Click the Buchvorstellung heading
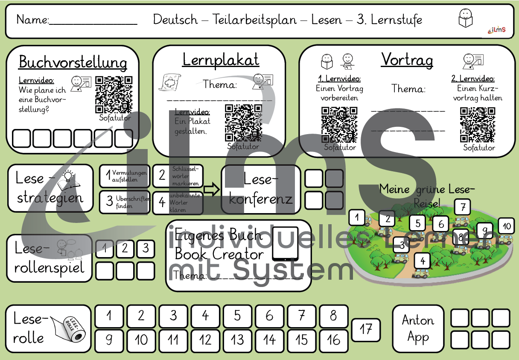(x=73, y=62)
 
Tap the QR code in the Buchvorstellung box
(x=114, y=94)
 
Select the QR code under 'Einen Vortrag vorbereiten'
(x=339, y=124)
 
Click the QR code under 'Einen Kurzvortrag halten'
(x=478, y=124)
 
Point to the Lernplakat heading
(x=221, y=60)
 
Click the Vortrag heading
(x=407, y=60)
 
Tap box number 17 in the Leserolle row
(x=366, y=330)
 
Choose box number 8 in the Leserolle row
(x=333, y=316)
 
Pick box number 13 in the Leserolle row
(x=237, y=340)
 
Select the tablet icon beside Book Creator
(x=285, y=244)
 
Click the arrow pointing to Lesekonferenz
(x=211, y=189)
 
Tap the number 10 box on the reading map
(x=506, y=226)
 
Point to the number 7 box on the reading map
(x=463, y=207)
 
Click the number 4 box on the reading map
(x=423, y=260)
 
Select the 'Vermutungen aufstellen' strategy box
(x=125, y=176)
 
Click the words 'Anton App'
(x=418, y=328)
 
